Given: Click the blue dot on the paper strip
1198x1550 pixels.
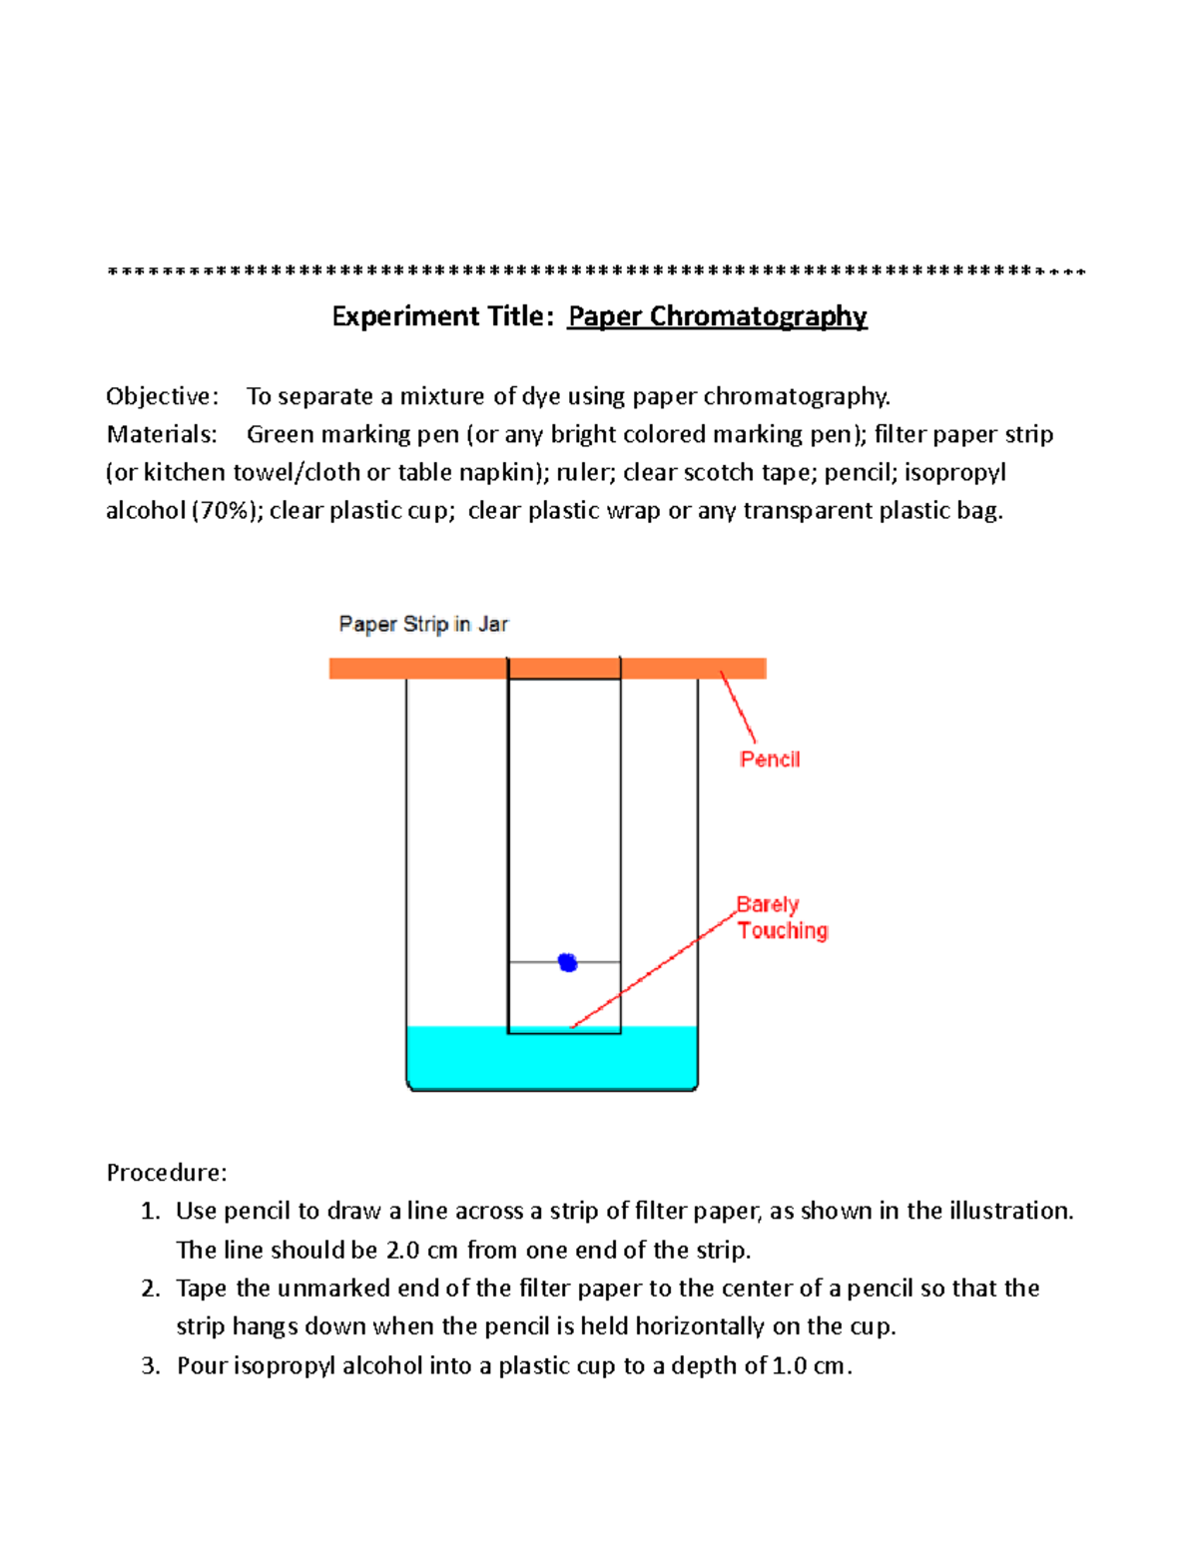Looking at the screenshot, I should tap(568, 962).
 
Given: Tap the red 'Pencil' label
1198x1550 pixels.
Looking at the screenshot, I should tap(770, 760).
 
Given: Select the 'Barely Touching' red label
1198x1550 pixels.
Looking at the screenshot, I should tap(782, 917).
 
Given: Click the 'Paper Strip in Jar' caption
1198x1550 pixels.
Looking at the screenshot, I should tap(423, 625).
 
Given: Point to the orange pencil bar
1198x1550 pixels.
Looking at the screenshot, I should tap(419, 669).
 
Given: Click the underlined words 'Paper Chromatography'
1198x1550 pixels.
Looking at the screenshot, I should tap(717, 316).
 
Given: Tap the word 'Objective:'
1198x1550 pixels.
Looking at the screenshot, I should tap(162, 396).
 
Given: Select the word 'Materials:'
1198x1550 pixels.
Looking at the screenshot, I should tap(162, 434).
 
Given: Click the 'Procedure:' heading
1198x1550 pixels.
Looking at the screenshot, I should tap(167, 1172).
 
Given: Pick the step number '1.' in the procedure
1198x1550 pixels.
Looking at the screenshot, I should tap(151, 1211).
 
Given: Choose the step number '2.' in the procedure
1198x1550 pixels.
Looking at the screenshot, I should tap(151, 1289).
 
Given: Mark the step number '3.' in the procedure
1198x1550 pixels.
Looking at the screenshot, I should tap(151, 1365).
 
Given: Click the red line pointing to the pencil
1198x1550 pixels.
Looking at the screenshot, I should tap(739, 708).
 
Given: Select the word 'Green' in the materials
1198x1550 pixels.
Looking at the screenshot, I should tap(280, 434).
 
